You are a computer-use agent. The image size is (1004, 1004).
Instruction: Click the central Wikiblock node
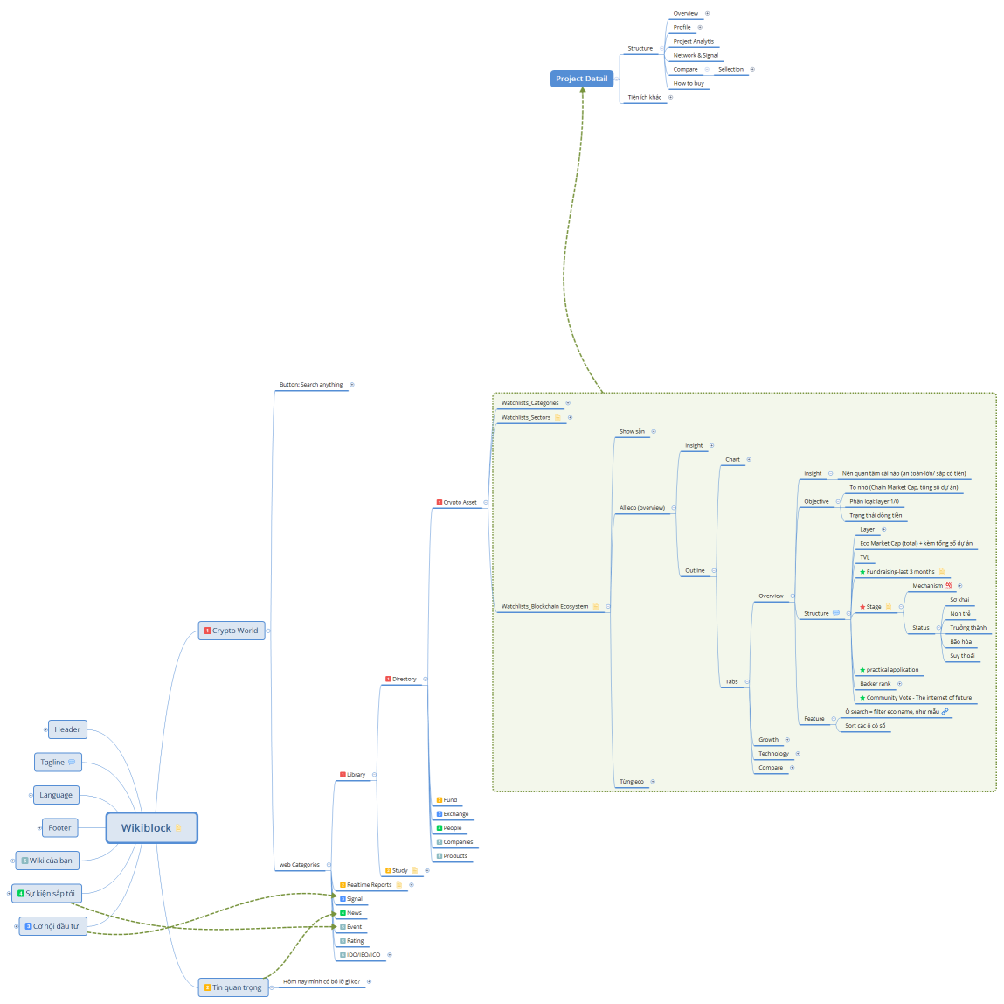tap(151, 827)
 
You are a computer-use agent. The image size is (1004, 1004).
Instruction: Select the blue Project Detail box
tap(581, 79)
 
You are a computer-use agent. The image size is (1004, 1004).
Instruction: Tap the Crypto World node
tap(232, 631)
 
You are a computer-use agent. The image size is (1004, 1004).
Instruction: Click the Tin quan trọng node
tap(232, 987)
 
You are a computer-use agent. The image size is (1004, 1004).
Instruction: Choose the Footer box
tap(59, 827)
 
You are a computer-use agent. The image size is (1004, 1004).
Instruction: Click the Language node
tap(56, 795)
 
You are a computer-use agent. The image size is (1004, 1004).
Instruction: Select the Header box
tap(67, 729)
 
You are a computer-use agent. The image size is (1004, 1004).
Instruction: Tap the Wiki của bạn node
tap(47, 861)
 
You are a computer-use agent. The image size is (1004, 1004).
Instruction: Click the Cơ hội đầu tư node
tap(52, 926)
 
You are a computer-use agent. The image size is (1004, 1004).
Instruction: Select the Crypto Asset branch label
tap(460, 502)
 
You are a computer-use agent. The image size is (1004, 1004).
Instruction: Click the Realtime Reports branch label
tap(369, 885)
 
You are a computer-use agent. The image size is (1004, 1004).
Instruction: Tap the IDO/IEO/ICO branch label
tap(363, 955)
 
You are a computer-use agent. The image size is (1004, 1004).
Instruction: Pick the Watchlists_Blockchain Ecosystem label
tap(544, 606)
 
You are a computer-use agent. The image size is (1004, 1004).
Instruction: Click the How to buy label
tap(689, 83)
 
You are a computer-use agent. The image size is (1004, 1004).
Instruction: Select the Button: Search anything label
tap(311, 385)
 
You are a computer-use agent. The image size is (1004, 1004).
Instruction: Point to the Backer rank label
tap(876, 684)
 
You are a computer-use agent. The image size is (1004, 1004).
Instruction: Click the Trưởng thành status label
tap(968, 628)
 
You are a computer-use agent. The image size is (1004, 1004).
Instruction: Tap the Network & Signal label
tap(696, 55)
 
